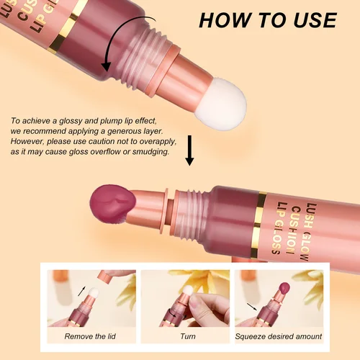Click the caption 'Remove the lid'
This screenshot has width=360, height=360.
(x=89, y=336)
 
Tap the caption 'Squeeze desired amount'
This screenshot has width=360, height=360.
(x=279, y=336)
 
